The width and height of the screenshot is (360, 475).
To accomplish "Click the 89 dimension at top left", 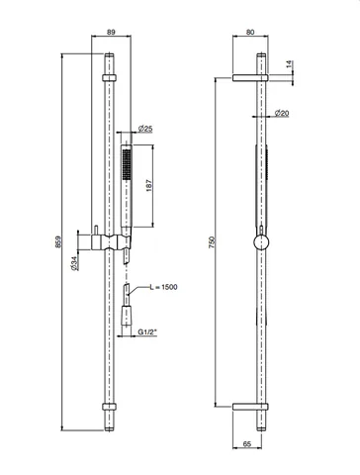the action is click(111, 32).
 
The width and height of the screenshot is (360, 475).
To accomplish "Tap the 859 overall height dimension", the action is click(58, 241).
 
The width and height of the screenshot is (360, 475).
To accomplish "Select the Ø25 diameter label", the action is click(145, 129).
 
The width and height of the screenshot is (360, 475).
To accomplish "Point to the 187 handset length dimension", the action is click(148, 186).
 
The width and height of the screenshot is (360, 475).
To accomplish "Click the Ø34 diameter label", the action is click(75, 263).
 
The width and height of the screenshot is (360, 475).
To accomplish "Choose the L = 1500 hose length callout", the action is click(163, 287).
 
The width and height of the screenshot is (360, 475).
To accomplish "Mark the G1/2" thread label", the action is click(147, 332).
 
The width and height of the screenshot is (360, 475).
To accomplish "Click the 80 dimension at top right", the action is click(250, 32).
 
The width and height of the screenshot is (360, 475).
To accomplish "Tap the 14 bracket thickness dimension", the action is click(289, 64).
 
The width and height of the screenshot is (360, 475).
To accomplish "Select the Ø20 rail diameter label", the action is click(282, 113).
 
